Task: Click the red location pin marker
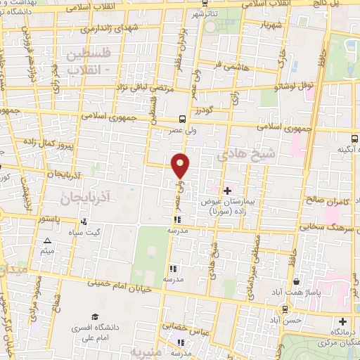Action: click(x=181, y=165)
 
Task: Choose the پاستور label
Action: click(x=49, y=219)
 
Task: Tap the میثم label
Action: click(x=48, y=251)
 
